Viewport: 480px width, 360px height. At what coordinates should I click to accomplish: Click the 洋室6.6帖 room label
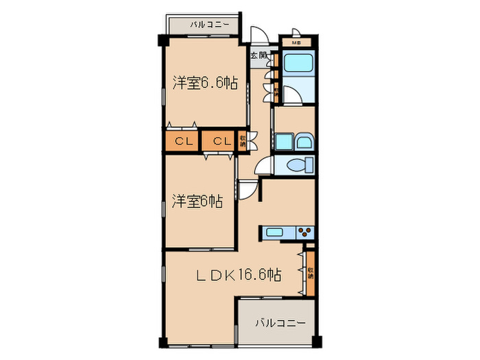click(x=205, y=84)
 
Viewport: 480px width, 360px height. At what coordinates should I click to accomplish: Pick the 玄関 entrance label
click(x=258, y=56)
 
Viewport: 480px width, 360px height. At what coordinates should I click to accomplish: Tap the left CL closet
click(x=182, y=141)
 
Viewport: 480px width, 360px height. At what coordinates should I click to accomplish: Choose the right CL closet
click(x=219, y=141)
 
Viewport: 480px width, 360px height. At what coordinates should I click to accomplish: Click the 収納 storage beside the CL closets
click(x=243, y=141)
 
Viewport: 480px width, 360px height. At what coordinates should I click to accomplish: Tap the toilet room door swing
click(x=263, y=166)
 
